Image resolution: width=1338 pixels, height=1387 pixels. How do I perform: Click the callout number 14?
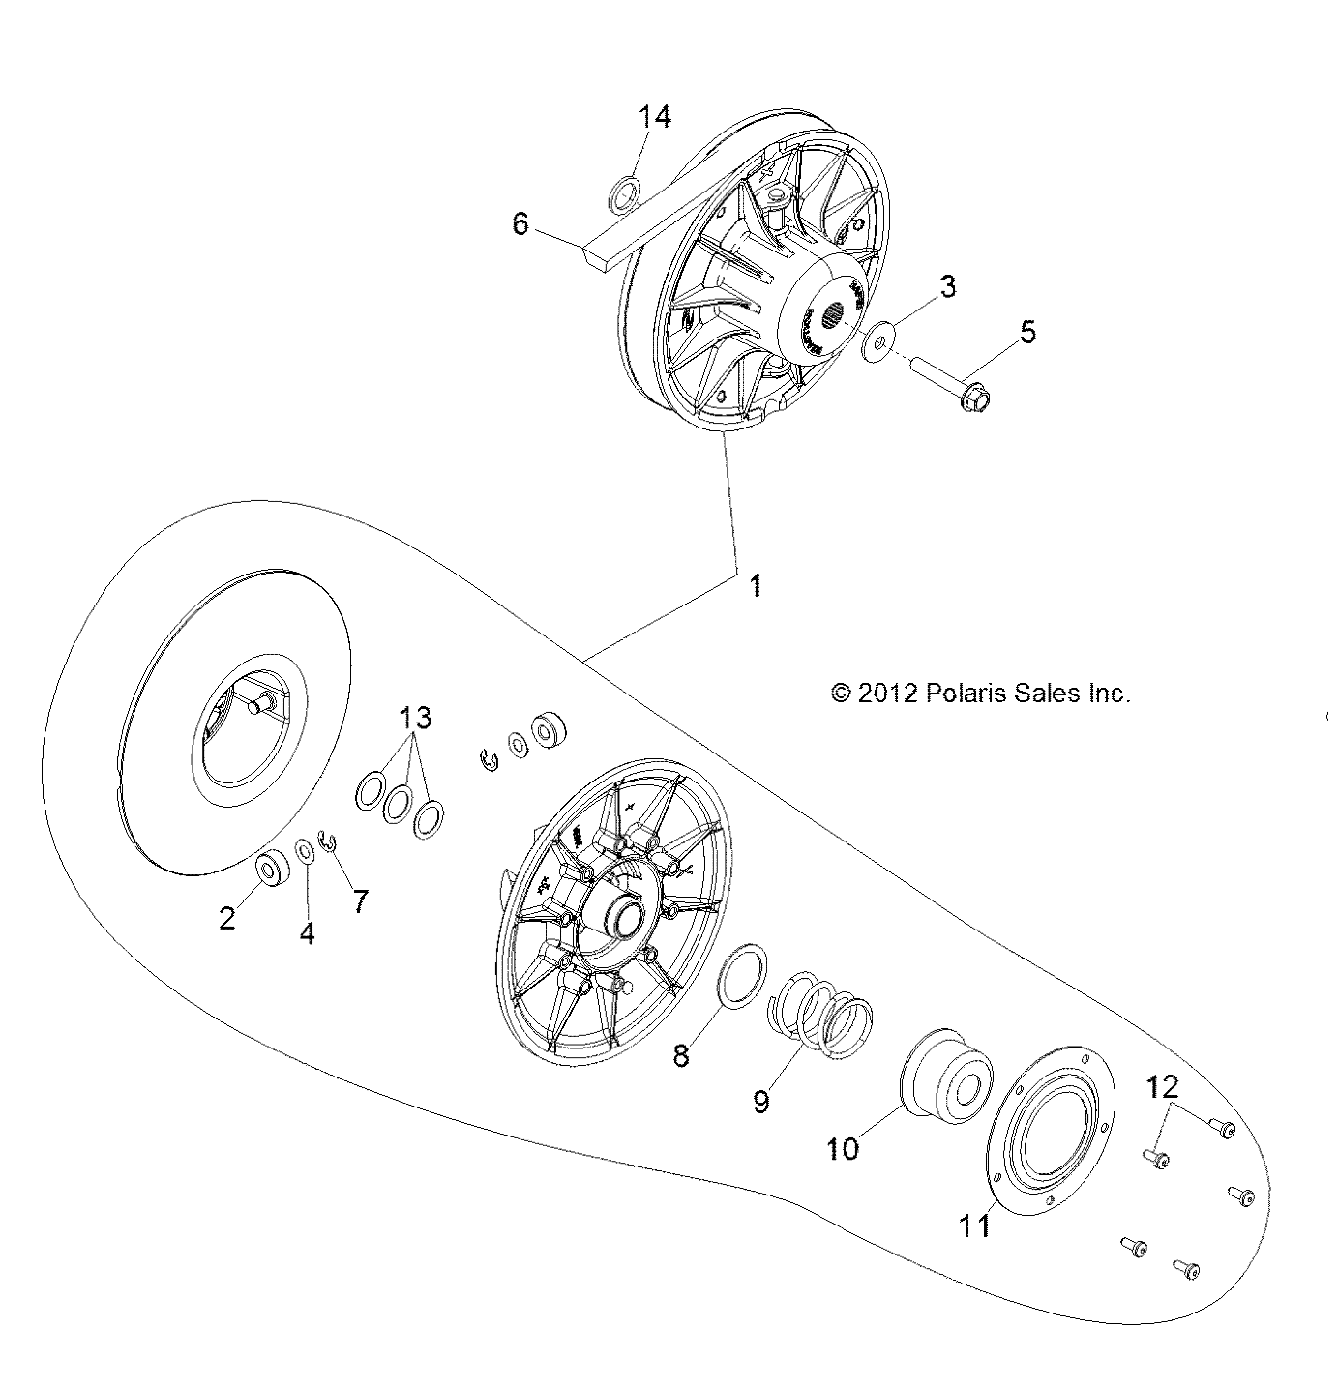[x=654, y=117]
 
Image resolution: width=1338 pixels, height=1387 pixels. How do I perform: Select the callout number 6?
[x=520, y=224]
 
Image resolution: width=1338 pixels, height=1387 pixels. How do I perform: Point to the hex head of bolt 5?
[x=978, y=398]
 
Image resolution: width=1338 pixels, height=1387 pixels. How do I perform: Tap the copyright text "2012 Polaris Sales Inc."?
[x=980, y=693]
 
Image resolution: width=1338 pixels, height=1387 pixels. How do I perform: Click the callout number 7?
[x=360, y=900]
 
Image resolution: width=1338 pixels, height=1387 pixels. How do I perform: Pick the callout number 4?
[x=307, y=933]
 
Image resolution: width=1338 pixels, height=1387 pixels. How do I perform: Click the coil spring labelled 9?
[x=820, y=1018]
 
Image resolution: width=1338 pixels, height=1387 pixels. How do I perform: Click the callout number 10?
[x=843, y=1148]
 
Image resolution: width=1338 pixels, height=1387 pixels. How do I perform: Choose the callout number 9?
[x=761, y=1101]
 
